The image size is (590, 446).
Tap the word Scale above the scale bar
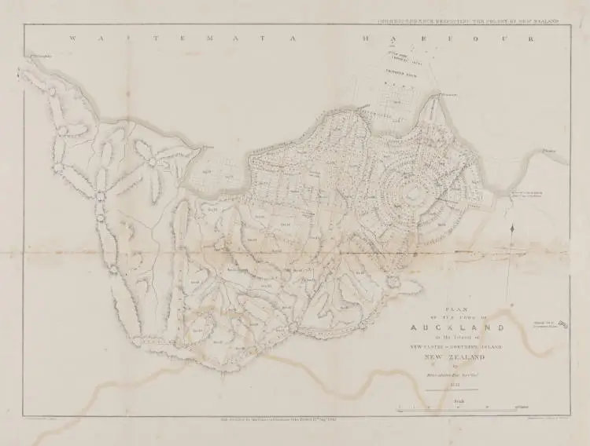click(458, 400)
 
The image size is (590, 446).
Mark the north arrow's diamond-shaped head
click(512, 228)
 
